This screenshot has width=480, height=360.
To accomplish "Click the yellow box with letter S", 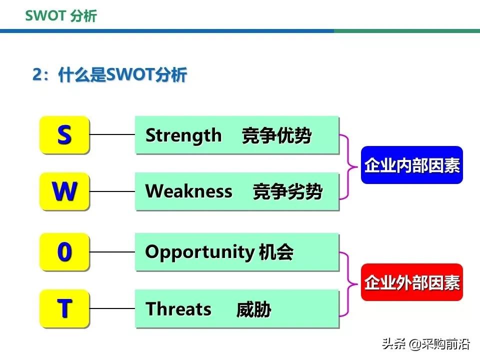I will pos(64,134).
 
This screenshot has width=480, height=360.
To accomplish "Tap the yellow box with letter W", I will pos(64,191).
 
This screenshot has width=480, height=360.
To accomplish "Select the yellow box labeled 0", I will pos(64,252).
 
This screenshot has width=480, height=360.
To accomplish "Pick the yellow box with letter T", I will pos(64,308).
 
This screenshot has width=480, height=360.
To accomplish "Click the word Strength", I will pos(183,135).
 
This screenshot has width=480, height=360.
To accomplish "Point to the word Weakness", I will pos(188,191).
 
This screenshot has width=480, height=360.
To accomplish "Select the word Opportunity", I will pos(199,252).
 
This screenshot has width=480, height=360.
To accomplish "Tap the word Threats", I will pos(178,309).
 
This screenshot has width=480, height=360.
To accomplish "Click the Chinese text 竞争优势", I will pos(276,135).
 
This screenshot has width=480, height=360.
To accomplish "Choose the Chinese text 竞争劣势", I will pos(287,192).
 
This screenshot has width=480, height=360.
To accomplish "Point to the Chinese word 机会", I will pos(276,252).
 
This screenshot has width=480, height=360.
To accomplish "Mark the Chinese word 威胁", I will pos(253,309).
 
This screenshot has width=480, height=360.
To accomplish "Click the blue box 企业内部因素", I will pos(411,165).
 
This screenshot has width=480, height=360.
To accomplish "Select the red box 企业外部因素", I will pos(411,282).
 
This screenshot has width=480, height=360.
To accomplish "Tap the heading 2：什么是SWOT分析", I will pos(109,75).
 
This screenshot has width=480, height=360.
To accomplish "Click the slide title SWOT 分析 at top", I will pos(60,16).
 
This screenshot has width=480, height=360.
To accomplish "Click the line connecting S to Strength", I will pos(112,134).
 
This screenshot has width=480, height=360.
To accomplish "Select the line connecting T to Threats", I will pos(112,308).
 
